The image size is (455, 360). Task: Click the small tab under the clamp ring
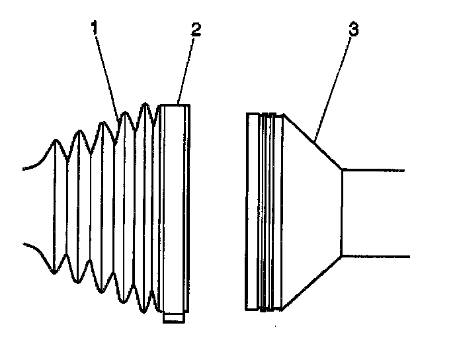[173, 318]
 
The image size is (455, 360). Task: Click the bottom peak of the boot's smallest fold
[55, 272]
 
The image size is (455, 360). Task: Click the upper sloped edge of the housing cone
[313, 142]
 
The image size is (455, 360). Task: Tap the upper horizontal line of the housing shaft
[374, 169]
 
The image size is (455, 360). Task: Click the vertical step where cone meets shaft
[341, 212]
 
